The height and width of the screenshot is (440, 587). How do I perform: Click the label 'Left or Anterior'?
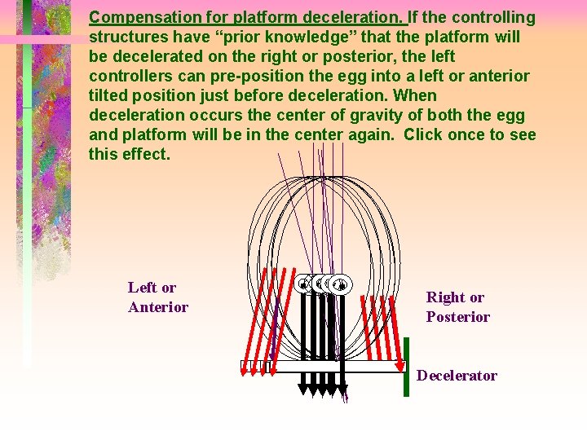tap(157, 297)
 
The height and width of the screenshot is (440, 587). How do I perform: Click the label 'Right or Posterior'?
tap(457, 307)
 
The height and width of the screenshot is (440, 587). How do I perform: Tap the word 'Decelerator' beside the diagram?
tap(457, 376)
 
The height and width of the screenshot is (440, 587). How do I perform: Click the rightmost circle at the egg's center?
tap(342, 284)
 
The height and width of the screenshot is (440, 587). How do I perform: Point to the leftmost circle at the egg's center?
tap(303, 284)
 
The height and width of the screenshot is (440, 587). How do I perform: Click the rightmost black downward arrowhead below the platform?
tap(342, 390)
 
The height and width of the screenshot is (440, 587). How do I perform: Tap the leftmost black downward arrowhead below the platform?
tap(303, 390)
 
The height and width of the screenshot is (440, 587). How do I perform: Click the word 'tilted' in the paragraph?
tap(108, 95)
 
